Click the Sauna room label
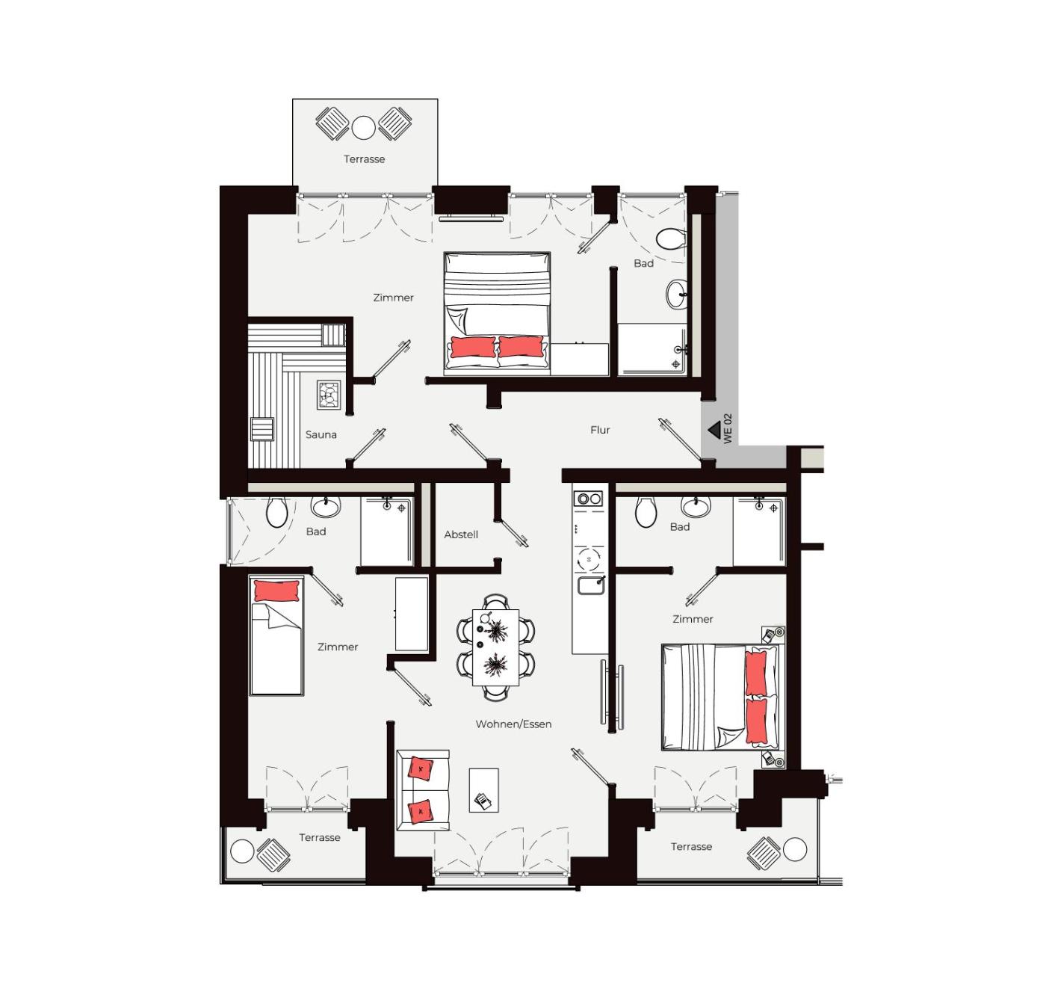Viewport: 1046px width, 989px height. (321, 434)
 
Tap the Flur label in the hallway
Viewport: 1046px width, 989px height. (600, 430)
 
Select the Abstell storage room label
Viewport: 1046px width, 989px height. (461, 534)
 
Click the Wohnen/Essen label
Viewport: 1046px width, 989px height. (513, 724)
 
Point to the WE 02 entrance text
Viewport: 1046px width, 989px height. (728, 428)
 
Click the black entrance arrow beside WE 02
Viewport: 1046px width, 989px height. (714, 430)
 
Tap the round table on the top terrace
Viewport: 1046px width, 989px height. (363, 128)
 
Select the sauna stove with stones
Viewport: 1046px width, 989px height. (329, 395)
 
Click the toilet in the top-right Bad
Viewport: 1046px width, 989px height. (670, 238)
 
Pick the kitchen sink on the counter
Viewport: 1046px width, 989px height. (591, 585)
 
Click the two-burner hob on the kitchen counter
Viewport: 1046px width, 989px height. (588, 498)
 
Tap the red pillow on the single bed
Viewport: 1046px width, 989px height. (276, 591)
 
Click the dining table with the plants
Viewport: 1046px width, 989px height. (495, 647)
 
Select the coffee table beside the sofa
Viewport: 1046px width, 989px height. (484, 790)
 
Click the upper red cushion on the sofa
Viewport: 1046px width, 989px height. (421, 768)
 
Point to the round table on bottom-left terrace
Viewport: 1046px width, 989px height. (242, 851)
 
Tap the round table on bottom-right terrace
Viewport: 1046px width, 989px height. (795, 850)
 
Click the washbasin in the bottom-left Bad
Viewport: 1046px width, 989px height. (326, 507)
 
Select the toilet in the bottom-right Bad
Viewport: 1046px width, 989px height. (646, 511)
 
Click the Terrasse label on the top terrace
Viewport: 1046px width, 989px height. (365, 159)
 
